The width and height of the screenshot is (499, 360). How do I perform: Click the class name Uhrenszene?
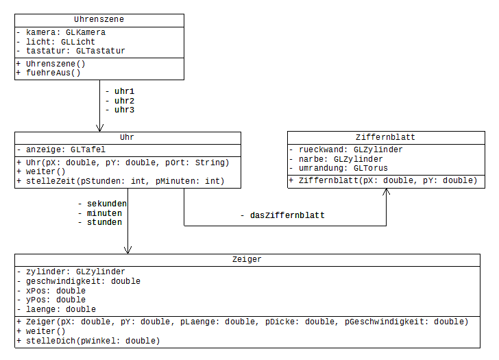(x=99, y=20)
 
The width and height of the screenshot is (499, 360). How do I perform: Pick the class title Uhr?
(x=127, y=137)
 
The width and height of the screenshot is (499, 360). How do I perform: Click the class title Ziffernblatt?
(x=385, y=137)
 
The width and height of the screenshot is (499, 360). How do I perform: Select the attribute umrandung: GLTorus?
(x=338, y=168)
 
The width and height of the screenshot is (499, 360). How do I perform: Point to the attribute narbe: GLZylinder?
(x=335, y=159)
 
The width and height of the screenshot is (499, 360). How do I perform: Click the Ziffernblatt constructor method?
(x=382, y=180)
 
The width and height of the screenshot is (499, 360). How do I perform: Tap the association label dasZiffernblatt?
(x=282, y=215)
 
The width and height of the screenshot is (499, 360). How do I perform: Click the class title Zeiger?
(x=247, y=260)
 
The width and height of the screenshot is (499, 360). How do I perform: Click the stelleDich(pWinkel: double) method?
(x=87, y=340)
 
